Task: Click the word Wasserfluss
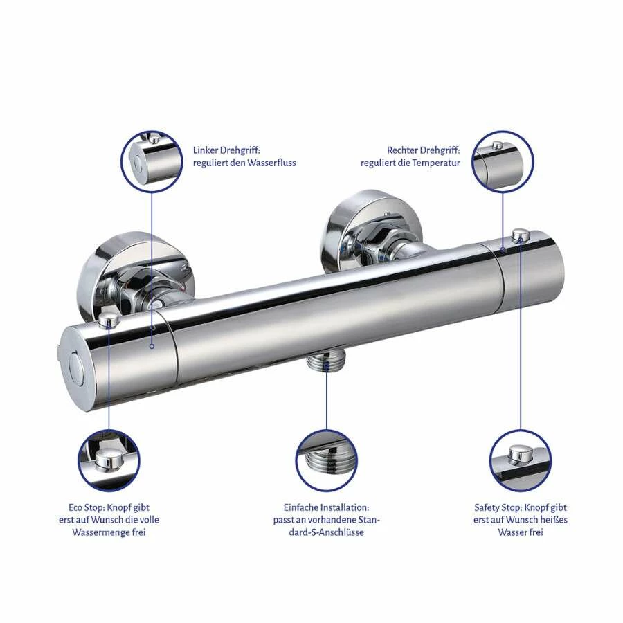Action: tap(271, 163)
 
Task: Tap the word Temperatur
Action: tap(436, 163)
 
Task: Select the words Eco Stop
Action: tap(85, 508)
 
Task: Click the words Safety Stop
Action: tap(498, 508)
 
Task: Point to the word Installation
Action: tap(345, 508)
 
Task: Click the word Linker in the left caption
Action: tap(205, 151)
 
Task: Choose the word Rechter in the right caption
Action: tap(402, 151)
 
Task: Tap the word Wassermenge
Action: tap(101, 532)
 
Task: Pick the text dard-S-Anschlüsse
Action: tap(326, 532)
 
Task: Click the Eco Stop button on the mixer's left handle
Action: tap(108, 319)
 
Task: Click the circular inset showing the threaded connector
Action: tap(326, 460)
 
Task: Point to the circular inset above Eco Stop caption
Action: tap(109, 460)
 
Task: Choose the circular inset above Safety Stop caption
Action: tap(521, 460)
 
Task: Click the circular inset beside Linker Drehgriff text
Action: tap(152, 162)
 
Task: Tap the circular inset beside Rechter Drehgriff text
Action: tap(503, 162)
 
